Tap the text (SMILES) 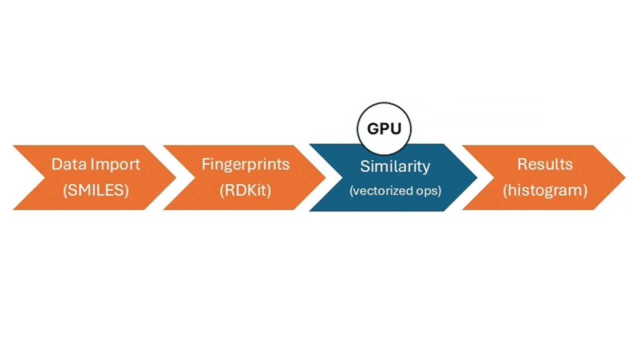click(x=95, y=190)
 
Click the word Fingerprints click(x=245, y=164)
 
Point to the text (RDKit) click(x=245, y=190)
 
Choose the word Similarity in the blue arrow click(x=395, y=166)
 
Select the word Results click(x=545, y=164)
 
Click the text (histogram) click(x=545, y=190)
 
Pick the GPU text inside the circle click(x=384, y=129)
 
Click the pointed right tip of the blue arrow click(x=476, y=177)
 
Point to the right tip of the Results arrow click(x=624, y=177)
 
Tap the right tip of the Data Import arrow click(x=175, y=177)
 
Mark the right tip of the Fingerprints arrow click(x=325, y=177)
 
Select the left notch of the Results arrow click(x=493, y=177)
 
